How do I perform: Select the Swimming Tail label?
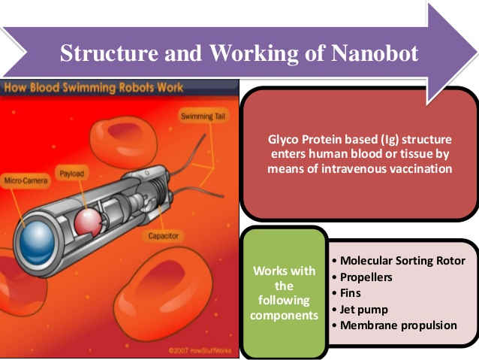[198, 115]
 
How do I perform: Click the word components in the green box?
[284, 316]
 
